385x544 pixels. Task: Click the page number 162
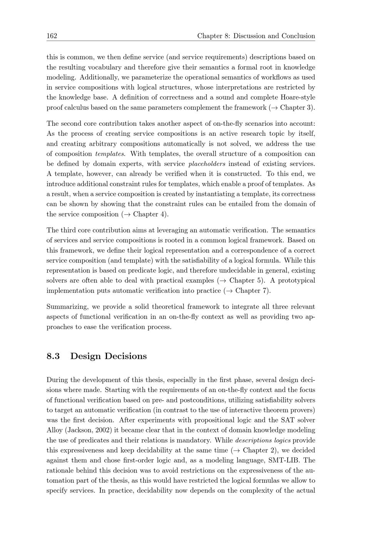coord(52,36)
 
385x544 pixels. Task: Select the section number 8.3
coord(53,356)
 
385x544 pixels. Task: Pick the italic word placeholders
coord(207,164)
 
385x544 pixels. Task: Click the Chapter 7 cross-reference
coord(252,290)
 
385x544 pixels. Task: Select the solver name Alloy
coord(54,430)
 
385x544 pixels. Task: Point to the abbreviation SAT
coord(273,420)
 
